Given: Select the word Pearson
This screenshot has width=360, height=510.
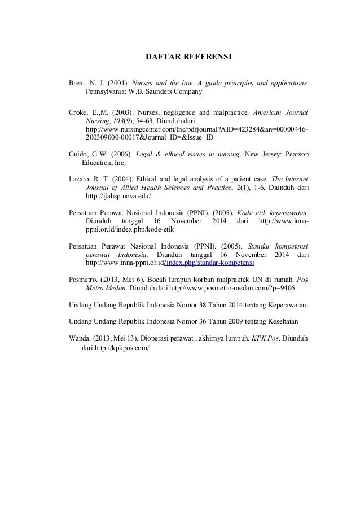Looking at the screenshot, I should [293, 154].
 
